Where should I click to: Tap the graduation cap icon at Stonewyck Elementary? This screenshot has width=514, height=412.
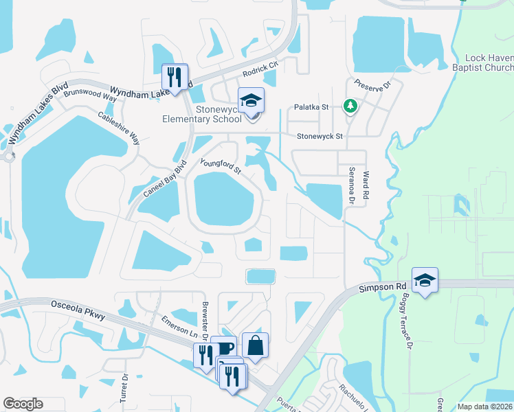(251, 100)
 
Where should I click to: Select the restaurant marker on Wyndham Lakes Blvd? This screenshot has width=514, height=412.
(175, 76)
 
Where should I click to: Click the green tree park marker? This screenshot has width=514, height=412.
(350, 105)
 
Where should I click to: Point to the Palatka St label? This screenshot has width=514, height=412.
(312, 107)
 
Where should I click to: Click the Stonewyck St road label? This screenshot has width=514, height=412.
(319, 137)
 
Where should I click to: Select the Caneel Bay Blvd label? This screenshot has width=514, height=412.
(164, 181)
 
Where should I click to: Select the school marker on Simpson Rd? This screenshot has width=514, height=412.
(425, 280)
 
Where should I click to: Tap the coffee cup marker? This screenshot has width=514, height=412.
(224, 348)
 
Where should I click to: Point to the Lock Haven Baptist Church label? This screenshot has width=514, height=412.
(489, 62)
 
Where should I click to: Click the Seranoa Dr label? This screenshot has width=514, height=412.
(351, 185)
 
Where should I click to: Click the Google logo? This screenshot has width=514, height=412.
(23, 404)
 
